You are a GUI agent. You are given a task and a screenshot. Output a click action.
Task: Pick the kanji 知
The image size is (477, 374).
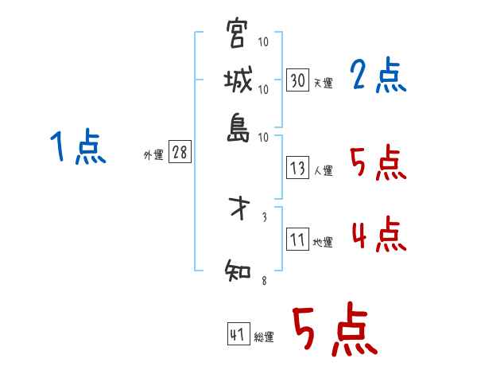(238, 271)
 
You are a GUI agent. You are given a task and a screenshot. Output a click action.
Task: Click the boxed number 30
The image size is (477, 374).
(298, 80)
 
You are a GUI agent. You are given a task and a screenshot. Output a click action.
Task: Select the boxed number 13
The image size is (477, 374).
(298, 168)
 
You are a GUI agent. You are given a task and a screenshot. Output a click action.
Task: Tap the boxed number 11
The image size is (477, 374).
(298, 240)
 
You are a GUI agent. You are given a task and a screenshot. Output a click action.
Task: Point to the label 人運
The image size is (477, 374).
(323, 169)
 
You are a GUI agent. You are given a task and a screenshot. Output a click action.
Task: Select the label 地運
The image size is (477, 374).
(323, 242)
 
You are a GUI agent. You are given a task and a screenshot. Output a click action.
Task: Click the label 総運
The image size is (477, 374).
(264, 337)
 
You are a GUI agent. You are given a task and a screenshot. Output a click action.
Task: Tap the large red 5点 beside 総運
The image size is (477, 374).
(334, 331)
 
